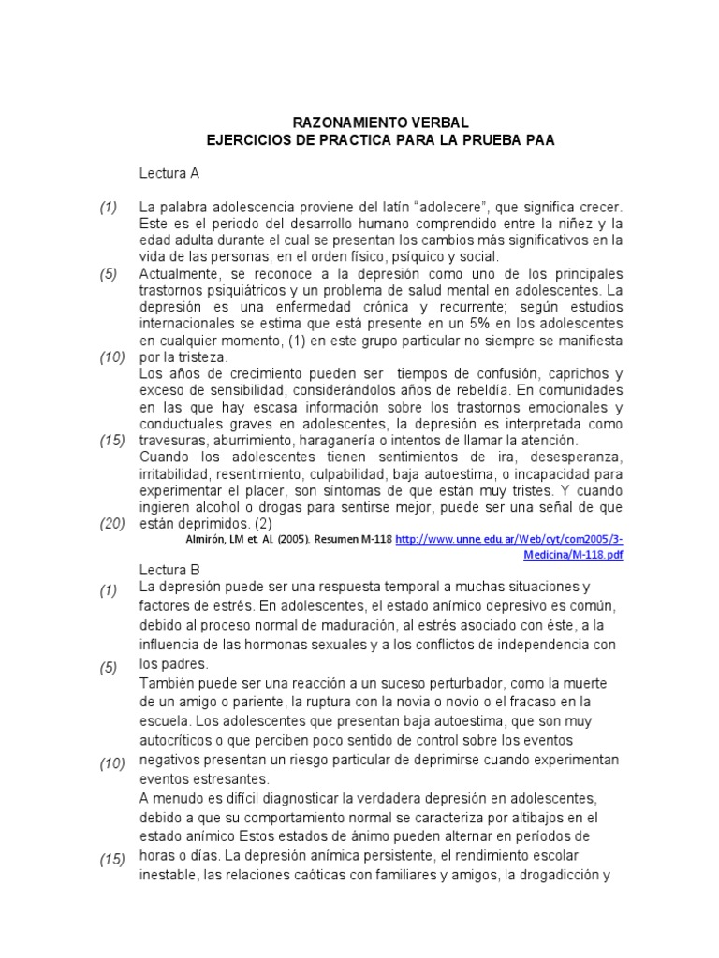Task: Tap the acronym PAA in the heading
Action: (538, 140)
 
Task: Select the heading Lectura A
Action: (169, 174)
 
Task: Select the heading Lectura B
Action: (169, 570)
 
